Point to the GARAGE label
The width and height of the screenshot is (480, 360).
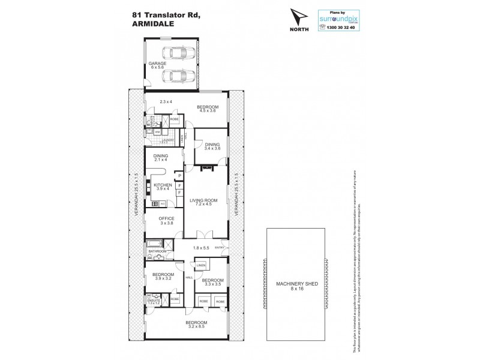157,63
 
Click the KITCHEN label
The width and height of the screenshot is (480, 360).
163,185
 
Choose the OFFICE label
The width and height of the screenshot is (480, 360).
166,218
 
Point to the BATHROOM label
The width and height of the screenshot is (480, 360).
157,251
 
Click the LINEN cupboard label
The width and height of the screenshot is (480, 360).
201,265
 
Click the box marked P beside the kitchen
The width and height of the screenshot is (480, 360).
179,175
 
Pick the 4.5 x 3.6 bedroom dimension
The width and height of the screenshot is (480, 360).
208,111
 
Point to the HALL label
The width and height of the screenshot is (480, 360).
188,277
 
